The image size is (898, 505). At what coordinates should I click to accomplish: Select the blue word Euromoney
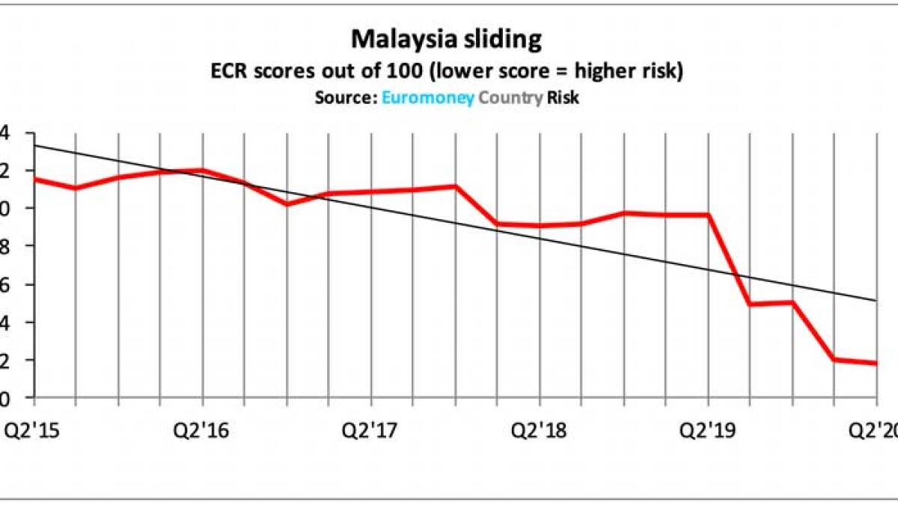428,97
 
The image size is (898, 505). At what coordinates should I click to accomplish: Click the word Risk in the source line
563,97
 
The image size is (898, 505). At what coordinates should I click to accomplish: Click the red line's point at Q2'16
202,170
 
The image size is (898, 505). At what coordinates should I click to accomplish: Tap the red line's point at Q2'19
709,215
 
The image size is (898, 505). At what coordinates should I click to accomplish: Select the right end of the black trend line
876,301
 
